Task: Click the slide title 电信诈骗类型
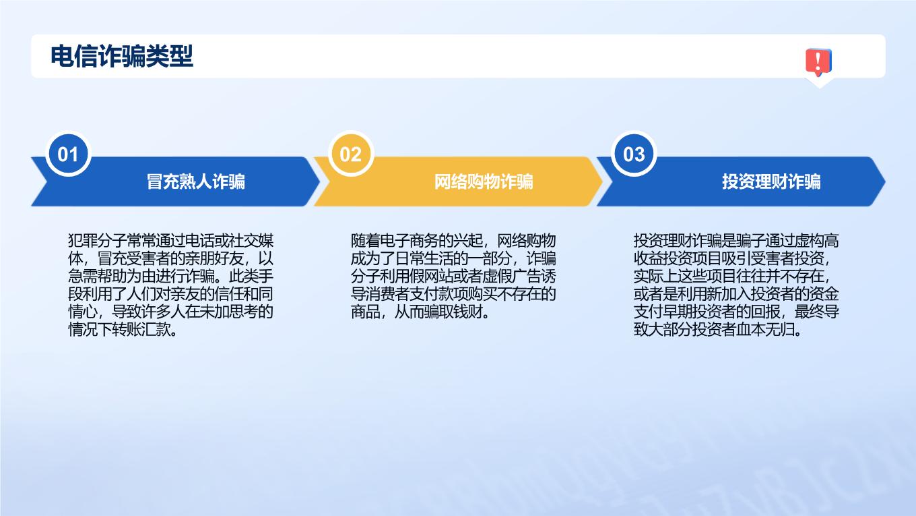(x=121, y=56)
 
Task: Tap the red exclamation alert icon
(x=818, y=62)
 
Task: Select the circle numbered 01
(x=68, y=154)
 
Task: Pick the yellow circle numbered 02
(x=351, y=154)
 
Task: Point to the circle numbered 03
(x=634, y=154)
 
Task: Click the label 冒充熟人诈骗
(x=196, y=181)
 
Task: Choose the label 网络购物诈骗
(x=484, y=181)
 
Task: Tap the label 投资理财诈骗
(x=771, y=181)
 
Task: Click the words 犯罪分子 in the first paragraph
(x=97, y=240)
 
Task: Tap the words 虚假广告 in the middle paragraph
(x=512, y=277)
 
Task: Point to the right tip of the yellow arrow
(x=602, y=181)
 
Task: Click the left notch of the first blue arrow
(x=48, y=181)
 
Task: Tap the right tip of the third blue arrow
(x=885, y=181)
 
